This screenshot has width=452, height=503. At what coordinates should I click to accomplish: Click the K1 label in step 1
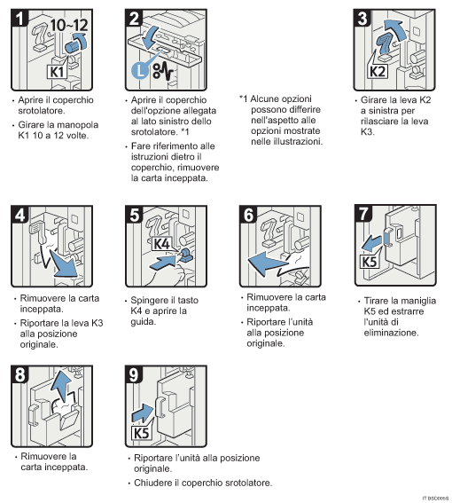[x=55, y=69]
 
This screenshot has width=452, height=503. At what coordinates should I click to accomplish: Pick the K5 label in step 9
[x=141, y=432]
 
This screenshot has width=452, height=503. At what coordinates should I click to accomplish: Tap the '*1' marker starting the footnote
[x=245, y=98]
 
